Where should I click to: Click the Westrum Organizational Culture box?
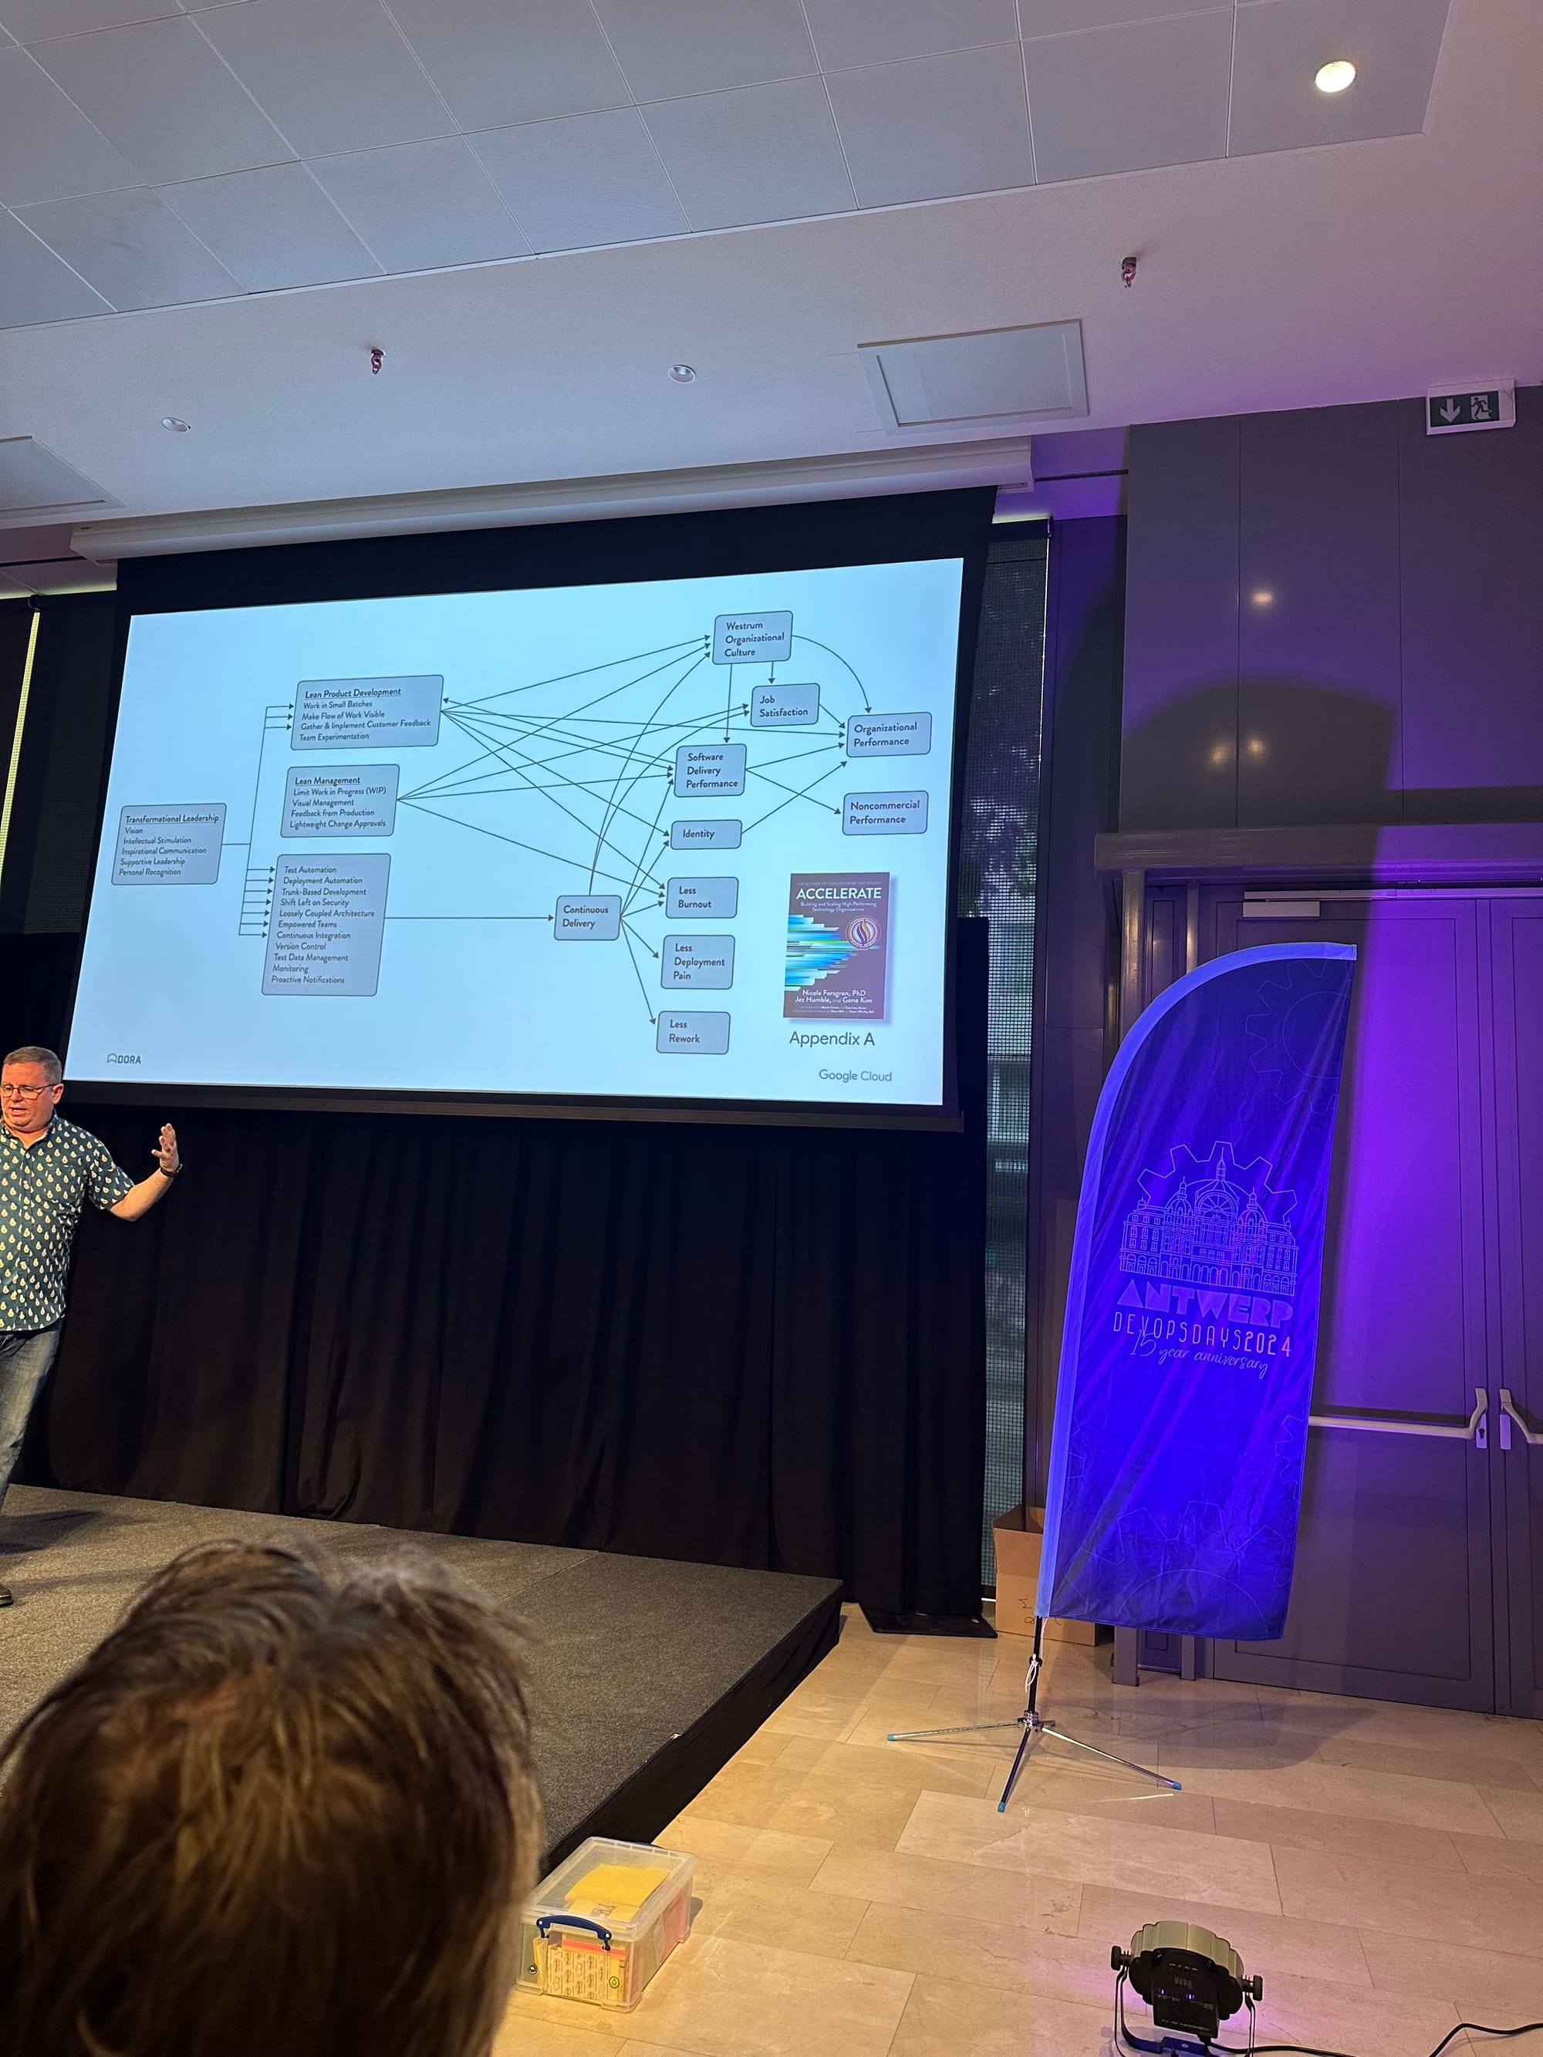point(752,638)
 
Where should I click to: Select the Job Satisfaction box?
point(784,706)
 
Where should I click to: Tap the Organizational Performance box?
point(887,734)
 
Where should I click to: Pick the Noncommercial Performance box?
point(884,813)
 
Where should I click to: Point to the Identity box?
point(705,835)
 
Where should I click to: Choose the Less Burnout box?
point(701,897)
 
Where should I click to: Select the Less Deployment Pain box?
point(697,963)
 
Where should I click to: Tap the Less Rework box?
point(692,1032)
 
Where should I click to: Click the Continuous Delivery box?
point(587,917)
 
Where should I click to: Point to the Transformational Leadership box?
point(169,845)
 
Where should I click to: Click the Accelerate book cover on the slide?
point(838,946)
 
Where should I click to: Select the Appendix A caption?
point(832,1039)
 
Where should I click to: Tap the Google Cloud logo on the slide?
point(855,1076)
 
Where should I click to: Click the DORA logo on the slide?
point(125,1059)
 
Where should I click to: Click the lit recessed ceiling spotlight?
point(1335,76)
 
